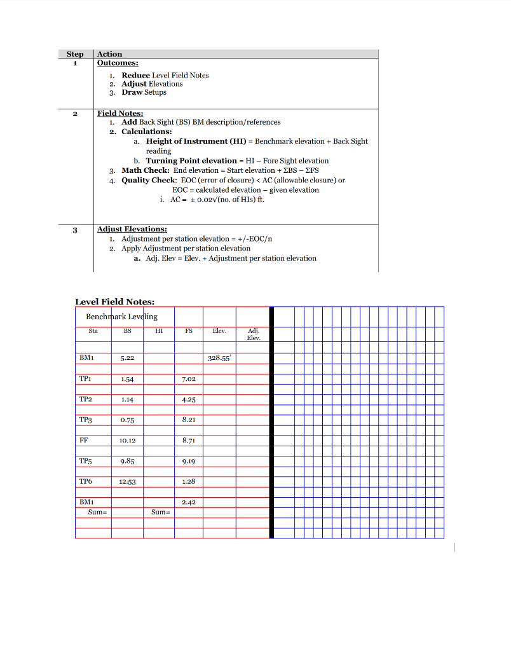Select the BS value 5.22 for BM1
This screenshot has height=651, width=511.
127,359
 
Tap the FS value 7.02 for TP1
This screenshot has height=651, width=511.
189,379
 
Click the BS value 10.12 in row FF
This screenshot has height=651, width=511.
127,441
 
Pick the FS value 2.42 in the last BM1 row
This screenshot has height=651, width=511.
189,502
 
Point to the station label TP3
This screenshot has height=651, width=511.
86,420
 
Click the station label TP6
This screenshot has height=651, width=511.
86,481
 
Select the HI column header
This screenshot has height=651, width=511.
159,331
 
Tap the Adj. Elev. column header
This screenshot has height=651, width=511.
253,334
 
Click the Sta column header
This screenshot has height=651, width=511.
93,331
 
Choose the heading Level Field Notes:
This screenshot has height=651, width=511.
114,302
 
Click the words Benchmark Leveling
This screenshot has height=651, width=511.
121,317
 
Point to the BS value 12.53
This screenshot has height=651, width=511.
127,482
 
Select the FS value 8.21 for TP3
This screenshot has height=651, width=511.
189,420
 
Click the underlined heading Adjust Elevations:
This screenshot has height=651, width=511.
132,229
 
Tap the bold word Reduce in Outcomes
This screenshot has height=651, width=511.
135,75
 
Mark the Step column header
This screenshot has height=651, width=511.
75,54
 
